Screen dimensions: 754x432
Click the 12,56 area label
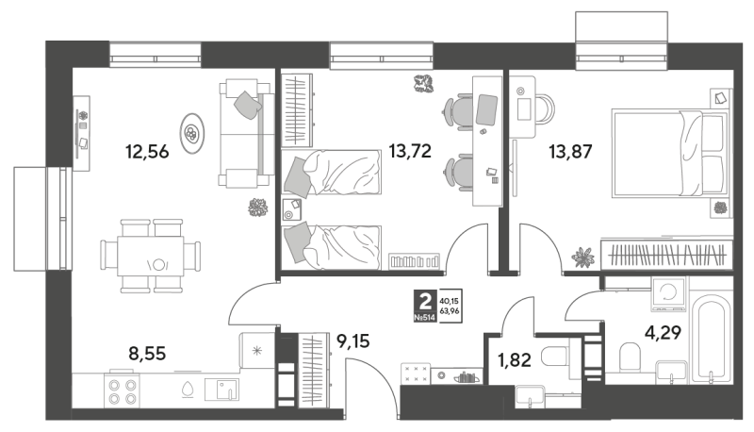pos(147,152)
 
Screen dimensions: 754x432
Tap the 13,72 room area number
pos(410,152)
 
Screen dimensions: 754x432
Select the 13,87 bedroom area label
pos(570,152)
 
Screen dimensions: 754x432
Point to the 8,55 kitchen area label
pos(147,354)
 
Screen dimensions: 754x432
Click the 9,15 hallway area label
pos(353,341)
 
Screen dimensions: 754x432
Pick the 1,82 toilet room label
pos(514,359)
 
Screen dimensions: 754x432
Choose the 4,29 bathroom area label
pos(664,332)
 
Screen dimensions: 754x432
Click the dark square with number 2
pos(425,306)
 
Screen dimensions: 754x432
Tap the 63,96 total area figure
pos(450,311)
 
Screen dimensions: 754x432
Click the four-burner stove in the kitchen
pos(123,391)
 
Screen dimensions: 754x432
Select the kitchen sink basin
pos(221,390)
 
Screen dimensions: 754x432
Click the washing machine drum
pos(668,291)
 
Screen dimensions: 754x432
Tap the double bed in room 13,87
pos(669,154)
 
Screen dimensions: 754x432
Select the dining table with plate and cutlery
pos(151,256)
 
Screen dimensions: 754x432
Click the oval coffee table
pos(192,133)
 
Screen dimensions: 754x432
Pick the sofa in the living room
pos(245,133)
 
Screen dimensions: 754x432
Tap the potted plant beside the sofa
pos(257,208)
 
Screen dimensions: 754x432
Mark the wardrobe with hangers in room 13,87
pos(667,255)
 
